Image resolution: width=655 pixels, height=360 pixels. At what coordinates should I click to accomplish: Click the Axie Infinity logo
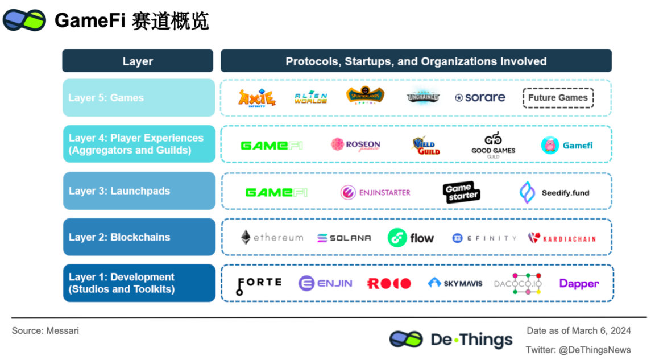pos(256,98)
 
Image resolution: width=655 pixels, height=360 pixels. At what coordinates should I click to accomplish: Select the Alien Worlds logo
pos(310,98)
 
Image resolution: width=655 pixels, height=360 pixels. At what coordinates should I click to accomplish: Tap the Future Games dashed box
pos(558,98)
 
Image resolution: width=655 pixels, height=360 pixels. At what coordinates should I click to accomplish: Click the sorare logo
pos(480,98)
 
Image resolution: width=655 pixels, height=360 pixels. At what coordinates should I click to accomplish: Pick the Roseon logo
pos(355,144)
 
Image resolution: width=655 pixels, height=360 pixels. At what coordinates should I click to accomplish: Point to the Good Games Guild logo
pos(493,144)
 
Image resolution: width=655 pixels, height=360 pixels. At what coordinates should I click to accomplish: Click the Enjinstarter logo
pos(375,192)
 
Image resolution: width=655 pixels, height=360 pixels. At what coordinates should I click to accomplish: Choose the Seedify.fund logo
pos(554,192)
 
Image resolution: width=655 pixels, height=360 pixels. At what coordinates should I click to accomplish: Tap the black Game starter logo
pos(461,192)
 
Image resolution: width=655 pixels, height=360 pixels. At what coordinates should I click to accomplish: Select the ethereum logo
pos(271,238)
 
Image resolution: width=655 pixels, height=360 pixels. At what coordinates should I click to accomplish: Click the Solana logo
pos(343,238)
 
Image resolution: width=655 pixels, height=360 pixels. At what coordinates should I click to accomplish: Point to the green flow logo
pos(411,238)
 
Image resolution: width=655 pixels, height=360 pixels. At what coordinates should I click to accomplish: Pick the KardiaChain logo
pos(562,238)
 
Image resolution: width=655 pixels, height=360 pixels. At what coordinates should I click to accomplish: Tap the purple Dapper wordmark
pos(579,283)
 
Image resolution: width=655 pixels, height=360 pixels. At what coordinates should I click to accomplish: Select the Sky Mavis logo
pos(455,283)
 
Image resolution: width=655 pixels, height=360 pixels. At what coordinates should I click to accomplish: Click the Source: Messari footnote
pos(45,330)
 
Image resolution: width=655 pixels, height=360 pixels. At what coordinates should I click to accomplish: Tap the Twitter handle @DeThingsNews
pos(578,350)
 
